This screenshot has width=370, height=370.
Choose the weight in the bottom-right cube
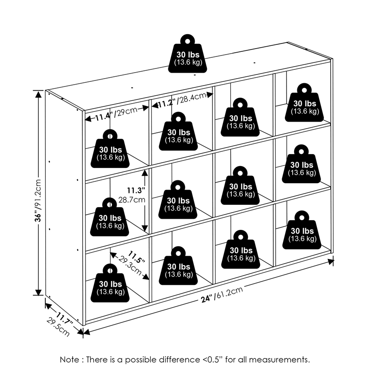pos(302,229)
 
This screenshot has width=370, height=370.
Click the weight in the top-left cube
pos(111,148)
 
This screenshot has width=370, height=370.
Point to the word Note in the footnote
pos(70,359)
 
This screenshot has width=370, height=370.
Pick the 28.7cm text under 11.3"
pos(132,201)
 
